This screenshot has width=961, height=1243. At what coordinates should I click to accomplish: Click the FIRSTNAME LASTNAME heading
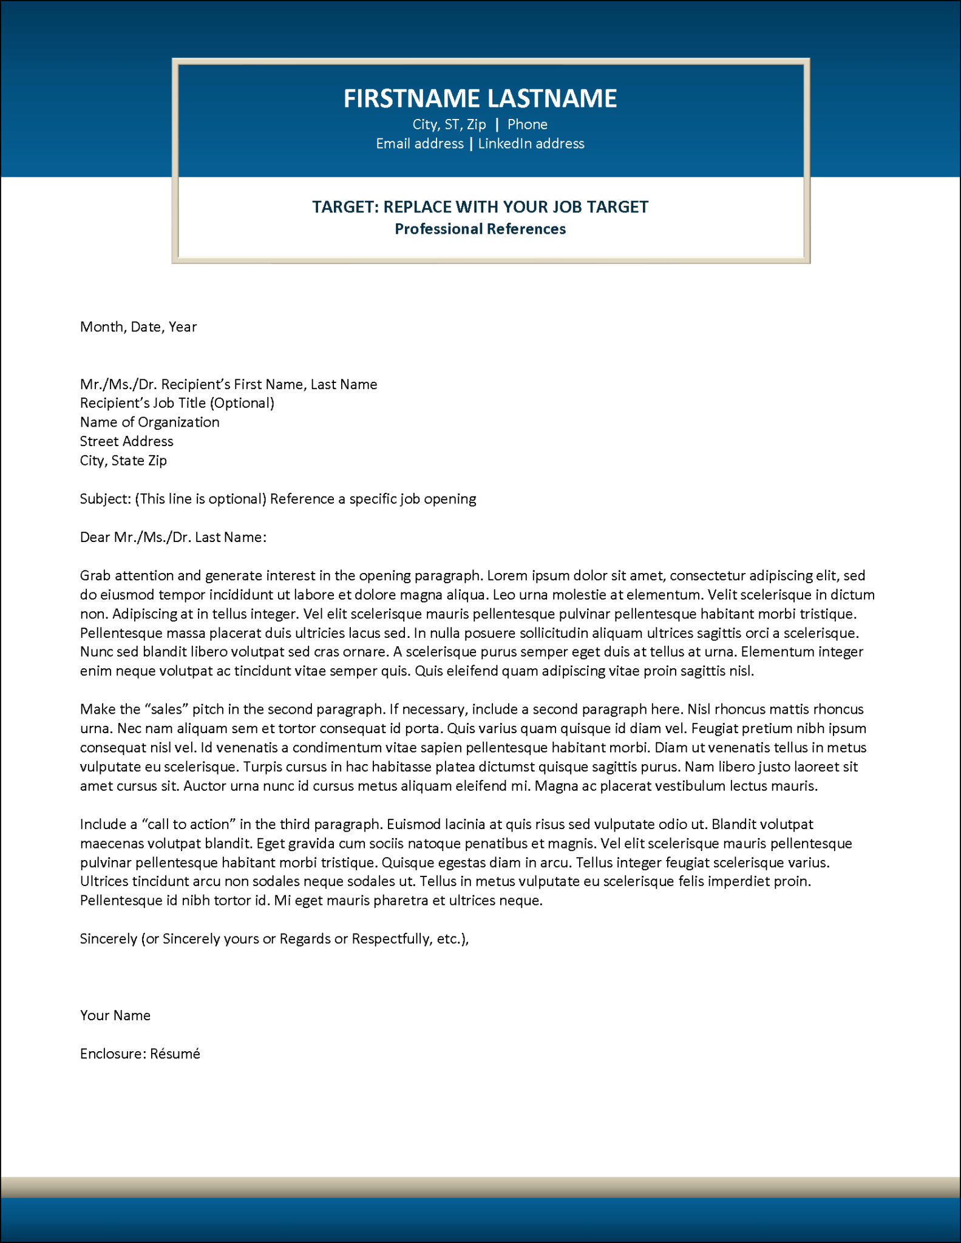point(480,98)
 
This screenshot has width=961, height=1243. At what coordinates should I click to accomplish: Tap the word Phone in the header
point(527,124)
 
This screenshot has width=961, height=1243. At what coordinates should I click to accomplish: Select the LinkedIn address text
point(531,144)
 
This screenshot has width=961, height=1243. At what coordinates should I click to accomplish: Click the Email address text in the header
point(419,144)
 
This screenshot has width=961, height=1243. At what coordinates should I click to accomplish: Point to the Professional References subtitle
point(480,229)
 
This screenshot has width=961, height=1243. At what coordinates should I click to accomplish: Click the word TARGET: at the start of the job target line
point(345,207)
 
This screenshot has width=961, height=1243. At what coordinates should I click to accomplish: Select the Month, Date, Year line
point(138,327)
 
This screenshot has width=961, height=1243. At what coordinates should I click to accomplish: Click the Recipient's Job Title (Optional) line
point(177,403)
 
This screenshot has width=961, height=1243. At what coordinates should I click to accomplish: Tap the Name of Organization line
point(149,422)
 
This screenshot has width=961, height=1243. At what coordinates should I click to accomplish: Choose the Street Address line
point(126,441)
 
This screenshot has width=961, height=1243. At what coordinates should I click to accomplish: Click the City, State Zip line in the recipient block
point(123,461)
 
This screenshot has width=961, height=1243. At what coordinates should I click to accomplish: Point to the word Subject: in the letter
point(105,499)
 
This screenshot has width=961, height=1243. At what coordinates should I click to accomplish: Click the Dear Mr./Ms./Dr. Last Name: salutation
point(173,537)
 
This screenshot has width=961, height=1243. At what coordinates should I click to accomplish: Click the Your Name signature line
point(115,1015)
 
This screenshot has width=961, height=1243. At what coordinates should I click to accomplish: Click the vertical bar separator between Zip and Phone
point(497,124)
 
